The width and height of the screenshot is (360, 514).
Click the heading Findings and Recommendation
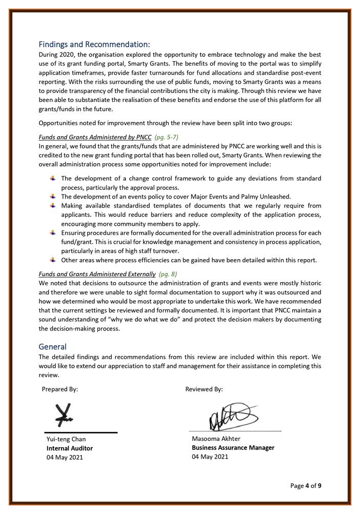click(x=94, y=45)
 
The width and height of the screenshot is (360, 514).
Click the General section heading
click(x=53, y=347)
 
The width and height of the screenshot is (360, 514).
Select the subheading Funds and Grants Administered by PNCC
click(x=95, y=137)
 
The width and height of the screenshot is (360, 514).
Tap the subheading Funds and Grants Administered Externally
click(x=97, y=274)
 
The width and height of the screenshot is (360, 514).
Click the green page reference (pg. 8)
click(x=168, y=274)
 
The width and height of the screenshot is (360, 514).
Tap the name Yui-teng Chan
click(x=66, y=439)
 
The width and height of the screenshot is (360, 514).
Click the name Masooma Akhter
click(x=216, y=439)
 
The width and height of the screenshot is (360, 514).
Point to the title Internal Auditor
click(x=70, y=448)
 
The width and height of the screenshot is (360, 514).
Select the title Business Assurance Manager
click(x=233, y=447)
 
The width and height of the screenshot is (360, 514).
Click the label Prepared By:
click(x=60, y=389)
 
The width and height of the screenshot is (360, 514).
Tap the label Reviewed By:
click(x=204, y=389)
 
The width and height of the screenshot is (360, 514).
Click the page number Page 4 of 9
click(x=306, y=485)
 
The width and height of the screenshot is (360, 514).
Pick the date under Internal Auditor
click(x=64, y=458)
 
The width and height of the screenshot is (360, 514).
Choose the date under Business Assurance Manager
click(x=210, y=457)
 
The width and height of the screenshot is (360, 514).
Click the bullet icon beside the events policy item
click(x=53, y=196)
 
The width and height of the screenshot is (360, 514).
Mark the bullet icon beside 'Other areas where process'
click(x=53, y=260)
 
